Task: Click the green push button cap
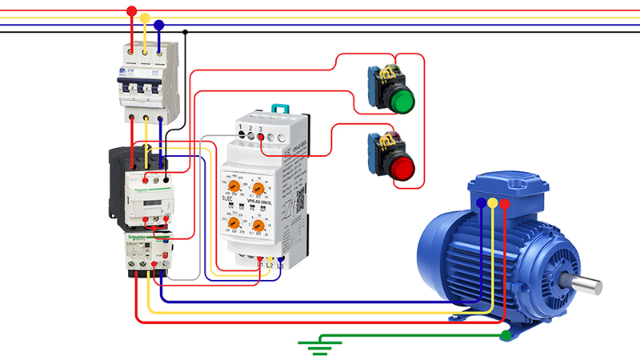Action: click(x=402, y=101)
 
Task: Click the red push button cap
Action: click(x=402, y=167)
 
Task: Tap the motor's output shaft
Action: click(x=588, y=283)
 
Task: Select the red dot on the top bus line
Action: click(x=132, y=10)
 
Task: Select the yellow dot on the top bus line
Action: click(x=145, y=18)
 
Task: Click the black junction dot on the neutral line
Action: click(x=186, y=33)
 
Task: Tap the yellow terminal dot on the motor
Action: click(x=493, y=203)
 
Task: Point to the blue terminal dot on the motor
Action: click(x=480, y=203)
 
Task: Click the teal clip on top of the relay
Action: click(x=280, y=108)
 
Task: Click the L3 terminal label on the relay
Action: click(x=281, y=263)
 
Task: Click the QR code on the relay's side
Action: click(x=301, y=200)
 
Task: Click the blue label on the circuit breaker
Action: click(x=126, y=74)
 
